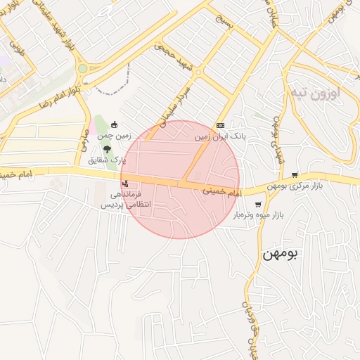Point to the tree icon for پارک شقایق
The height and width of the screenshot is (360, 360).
pos(107,149)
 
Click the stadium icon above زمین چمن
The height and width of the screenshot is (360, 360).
pos(114,125)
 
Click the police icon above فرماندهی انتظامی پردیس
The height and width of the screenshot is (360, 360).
pos(125,184)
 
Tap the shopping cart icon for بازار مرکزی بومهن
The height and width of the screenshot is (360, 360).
pos(295,175)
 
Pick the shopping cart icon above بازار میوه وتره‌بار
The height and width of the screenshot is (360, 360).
pos(258,204)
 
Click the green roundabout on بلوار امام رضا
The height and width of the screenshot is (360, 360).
pos(83,69)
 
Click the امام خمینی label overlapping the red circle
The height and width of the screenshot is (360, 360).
pos(222,191)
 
